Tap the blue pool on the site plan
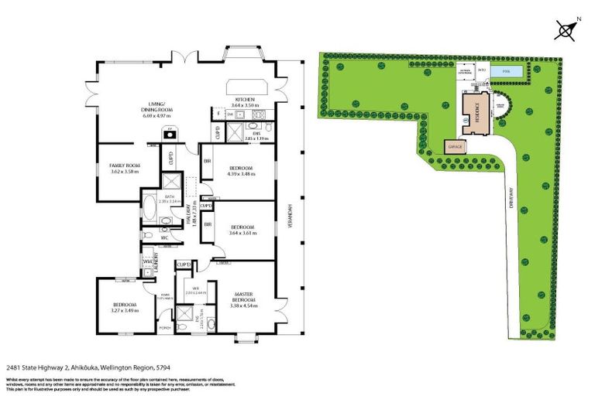click(507, 71)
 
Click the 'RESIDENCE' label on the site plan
click(478, 111)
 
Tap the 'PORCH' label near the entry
click(164, 328)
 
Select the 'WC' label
click(163, 237)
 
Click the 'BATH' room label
click(170, 196)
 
